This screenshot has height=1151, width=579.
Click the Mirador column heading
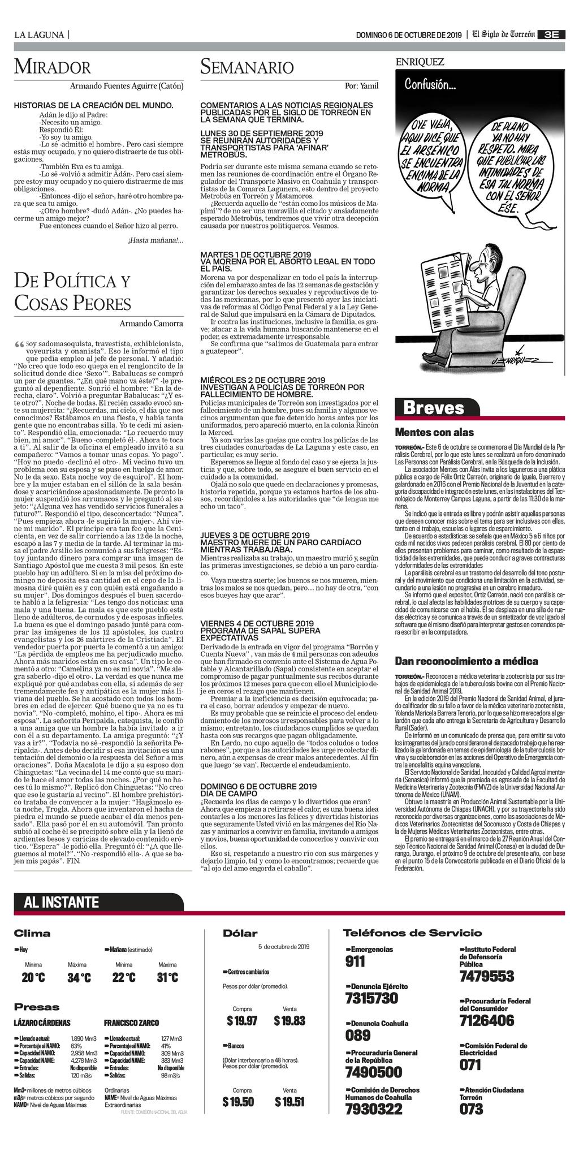click(x=52, y=67)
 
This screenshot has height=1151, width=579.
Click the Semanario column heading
click(x=247, y=67)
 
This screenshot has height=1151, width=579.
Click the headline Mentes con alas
click(x=434, y=433)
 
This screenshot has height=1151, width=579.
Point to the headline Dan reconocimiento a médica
click(x=466, y=661)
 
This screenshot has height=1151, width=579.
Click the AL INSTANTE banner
click(x=61, y=902)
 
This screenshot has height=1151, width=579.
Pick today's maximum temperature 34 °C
click(x=79, y=978)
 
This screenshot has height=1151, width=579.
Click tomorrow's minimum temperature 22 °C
click(x=123, y=978)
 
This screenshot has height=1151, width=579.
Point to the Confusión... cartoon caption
click(x=431, y=85)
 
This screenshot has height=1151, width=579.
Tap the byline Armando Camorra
click(x=151, y=324)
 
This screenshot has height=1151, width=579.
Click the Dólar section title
click(x=240, y=933)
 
